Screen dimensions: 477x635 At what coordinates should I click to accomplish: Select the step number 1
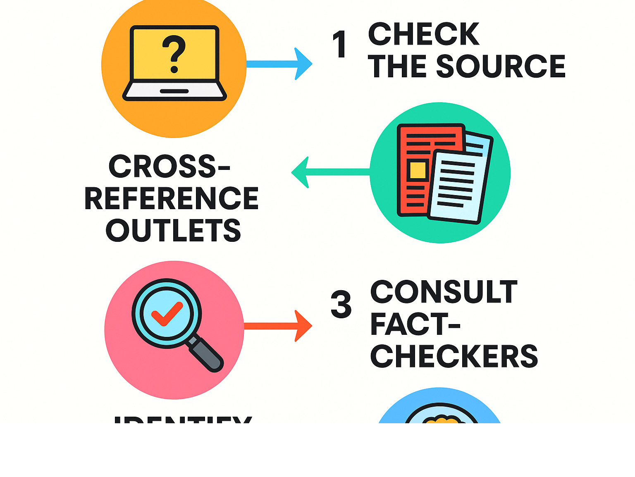click(339, 45)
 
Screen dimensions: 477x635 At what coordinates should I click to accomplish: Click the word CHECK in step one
click(424, 34)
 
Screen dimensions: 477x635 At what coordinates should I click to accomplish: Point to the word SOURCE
click(501, 66)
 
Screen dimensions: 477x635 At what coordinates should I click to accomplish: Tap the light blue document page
click(459, 186)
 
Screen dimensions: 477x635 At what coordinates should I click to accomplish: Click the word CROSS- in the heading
click(169, 166)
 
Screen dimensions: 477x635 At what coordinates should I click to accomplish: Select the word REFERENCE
click(172, 198)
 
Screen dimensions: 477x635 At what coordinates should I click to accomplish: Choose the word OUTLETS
click(173, 230)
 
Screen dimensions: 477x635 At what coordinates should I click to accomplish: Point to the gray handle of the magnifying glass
click(206, 353)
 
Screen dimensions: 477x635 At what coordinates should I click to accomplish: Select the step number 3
click(341, 305)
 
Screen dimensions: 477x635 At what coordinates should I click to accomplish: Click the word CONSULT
click(444, 292)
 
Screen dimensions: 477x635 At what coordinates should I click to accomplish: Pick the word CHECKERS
click(454, 356)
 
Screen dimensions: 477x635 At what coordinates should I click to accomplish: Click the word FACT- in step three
click(415, 324)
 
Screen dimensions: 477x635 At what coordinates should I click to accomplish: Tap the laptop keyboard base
click(174, 91)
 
